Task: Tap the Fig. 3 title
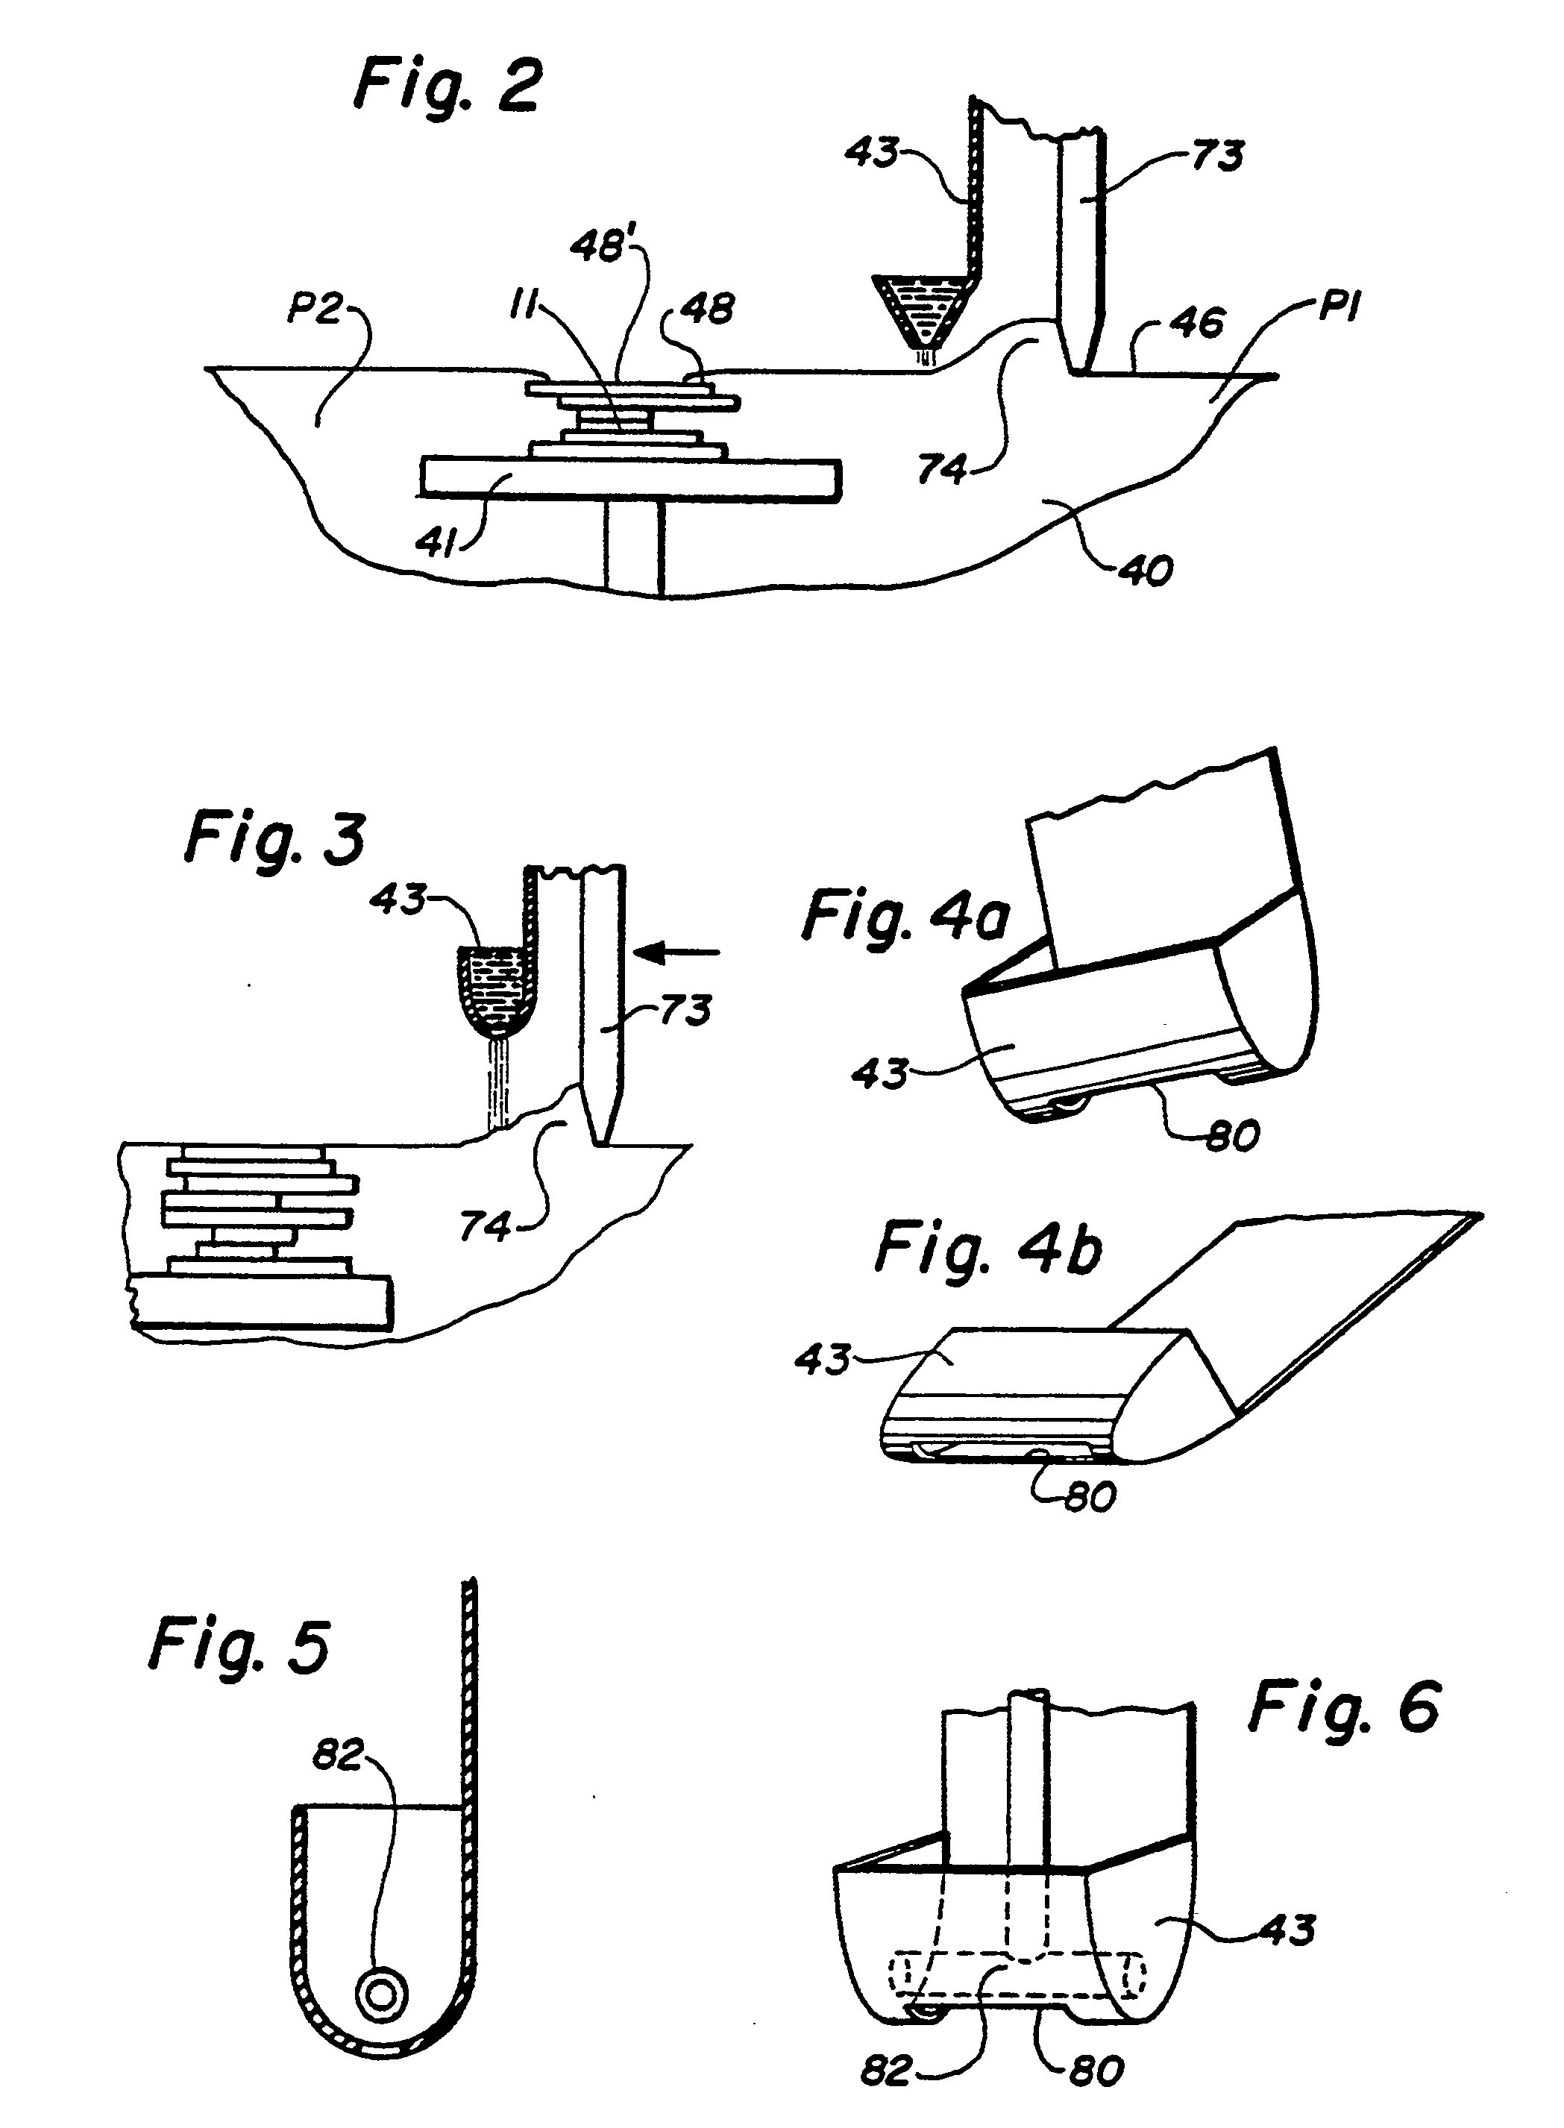275,838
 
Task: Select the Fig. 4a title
905,918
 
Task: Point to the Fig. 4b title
987,1249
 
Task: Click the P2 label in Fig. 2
315,309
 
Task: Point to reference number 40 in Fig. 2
1147,570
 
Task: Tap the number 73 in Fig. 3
685,1010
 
